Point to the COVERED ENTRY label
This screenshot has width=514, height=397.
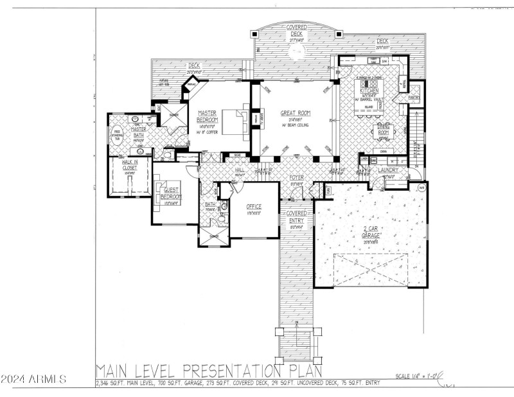tap(296, 216)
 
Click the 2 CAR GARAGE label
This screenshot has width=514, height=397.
tap(369, 232)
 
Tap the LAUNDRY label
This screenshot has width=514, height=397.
tap(387, 171)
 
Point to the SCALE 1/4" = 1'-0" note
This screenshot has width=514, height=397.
tap(415, 376)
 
